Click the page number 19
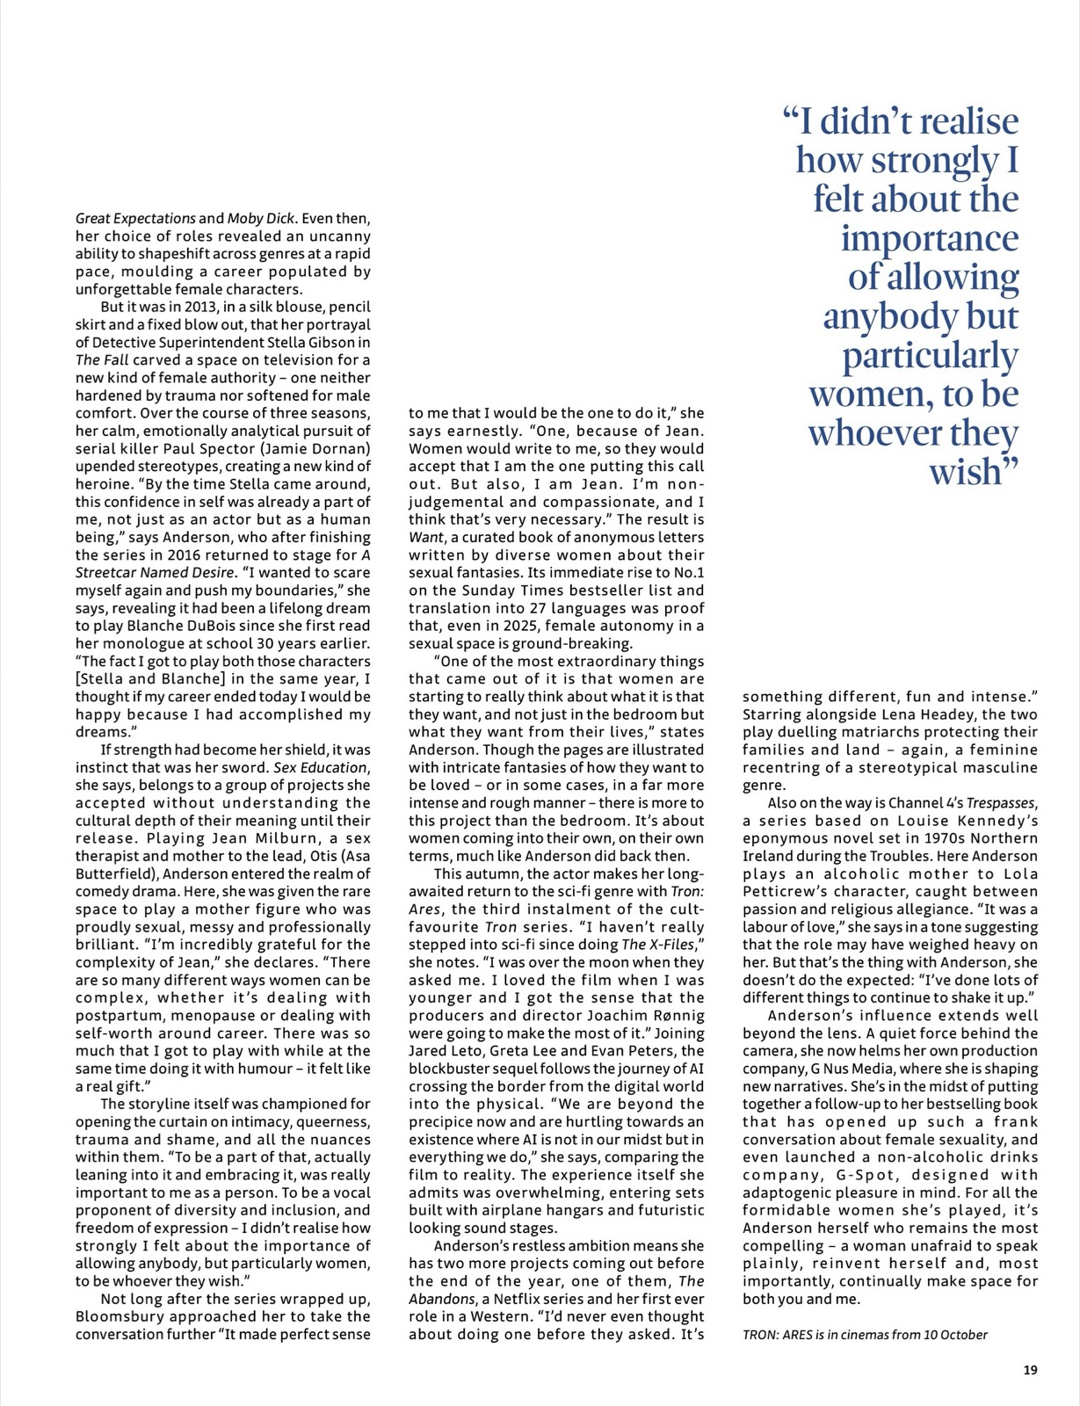[1031, 1369]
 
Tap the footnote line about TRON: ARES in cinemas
[865, 1334]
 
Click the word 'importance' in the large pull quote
[930, 238]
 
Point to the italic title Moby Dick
[261, 218]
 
